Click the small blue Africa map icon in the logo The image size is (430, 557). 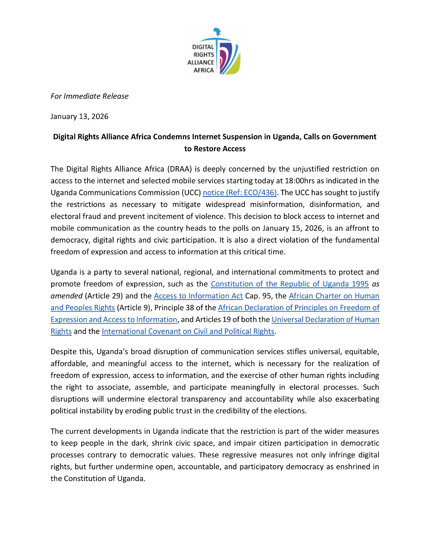tap(217, 31)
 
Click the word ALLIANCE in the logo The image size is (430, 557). tap(201, 62)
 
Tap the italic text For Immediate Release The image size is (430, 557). tap(89, 96)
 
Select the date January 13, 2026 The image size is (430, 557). tap(79, 116)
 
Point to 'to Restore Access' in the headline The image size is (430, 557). tap(215, 149)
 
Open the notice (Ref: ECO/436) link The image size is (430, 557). tap(240, 193)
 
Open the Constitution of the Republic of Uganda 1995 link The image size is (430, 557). tap(290, 284)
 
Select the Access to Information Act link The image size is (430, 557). tap(198, 296)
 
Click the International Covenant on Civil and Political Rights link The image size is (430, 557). tap(188, 331)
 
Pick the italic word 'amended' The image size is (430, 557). tap(67, 296)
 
